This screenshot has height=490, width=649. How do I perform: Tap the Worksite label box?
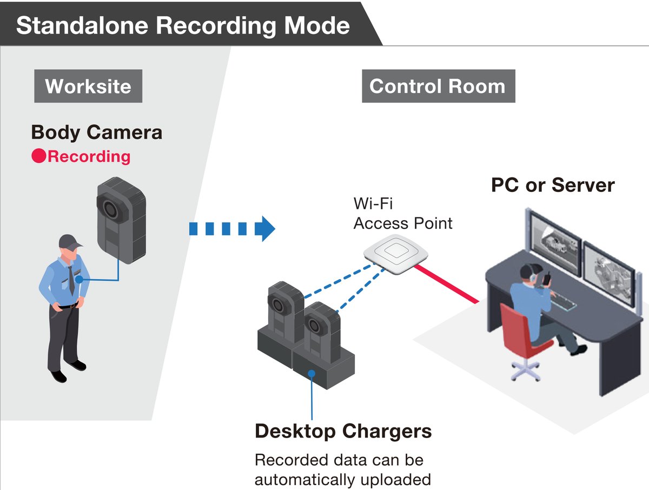click(88, 86)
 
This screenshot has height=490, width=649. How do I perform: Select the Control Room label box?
click(438, 86)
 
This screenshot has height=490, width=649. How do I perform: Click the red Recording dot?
click(38, 157)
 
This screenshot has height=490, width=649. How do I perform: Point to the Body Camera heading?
click(96, 132)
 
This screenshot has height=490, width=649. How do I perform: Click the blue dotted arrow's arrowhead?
click(265, 228)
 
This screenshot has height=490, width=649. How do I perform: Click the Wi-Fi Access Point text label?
click(402, 213)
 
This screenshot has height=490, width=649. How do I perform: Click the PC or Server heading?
click(552, 185)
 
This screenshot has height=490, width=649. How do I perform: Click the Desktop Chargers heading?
click(343, 431)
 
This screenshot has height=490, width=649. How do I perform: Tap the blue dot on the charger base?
click(312, 373)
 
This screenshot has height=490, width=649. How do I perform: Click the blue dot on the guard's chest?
click(80, 280)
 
